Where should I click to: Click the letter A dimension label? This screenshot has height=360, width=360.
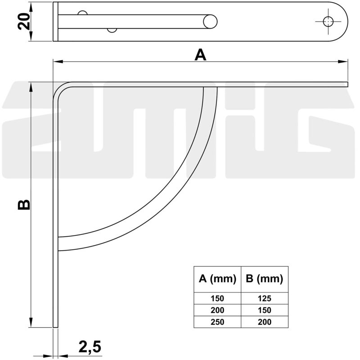pos(200,55)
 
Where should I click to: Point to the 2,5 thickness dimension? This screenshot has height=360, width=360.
pos(90,346)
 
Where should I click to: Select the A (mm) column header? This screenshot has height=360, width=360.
pos(217,279)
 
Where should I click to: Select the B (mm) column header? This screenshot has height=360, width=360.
pos(265,279)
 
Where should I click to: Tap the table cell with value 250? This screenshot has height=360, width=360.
pos(217,322)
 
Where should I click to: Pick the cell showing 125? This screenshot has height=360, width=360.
pos(265,298)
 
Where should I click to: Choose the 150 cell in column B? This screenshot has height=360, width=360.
pos(265,310)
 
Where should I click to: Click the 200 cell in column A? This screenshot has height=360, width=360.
pos(217,310)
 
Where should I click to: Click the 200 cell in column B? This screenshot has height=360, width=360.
pos(265,322)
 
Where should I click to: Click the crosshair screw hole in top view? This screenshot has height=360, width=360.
pos(328,21)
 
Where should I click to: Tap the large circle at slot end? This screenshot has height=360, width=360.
pos(210,21)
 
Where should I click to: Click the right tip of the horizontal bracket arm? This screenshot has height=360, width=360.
pos(347,85)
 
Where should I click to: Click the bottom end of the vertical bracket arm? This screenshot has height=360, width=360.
pos(56,326)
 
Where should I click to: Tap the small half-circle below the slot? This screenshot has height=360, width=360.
pos(112,31)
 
